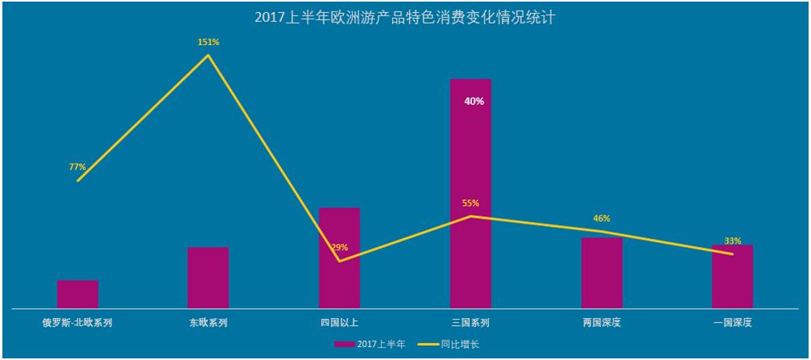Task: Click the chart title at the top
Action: (405, 17)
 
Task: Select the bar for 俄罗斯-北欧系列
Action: (77, 294)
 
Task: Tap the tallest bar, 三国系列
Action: (470, 194)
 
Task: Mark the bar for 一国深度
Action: (733, 276)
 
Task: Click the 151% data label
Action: (208, 42)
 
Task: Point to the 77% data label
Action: (77, 167)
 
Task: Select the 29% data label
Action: (340, 248)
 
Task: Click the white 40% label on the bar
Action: (474, 102)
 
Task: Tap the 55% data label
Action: (470, 203)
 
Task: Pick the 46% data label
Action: (602, 219)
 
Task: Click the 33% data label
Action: (733, 241)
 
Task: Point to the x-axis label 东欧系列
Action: (208, 323)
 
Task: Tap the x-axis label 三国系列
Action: (470, 323)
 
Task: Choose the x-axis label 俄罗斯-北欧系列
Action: (77, 323)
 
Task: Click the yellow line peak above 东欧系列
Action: (208, 55)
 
